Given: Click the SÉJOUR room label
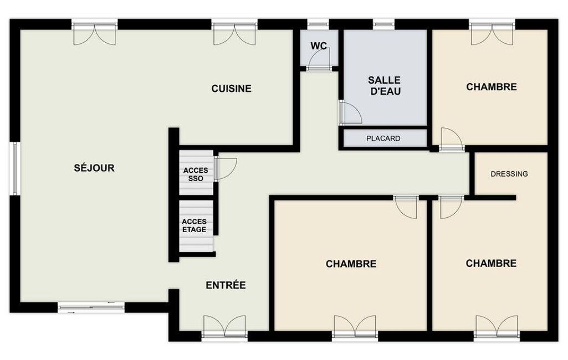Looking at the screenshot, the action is click(94, 168).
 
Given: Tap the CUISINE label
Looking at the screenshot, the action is click(232, 89).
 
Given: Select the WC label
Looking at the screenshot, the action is click(319, 46).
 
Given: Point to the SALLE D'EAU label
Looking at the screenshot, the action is click(385, 85).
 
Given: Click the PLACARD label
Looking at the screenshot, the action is click(383, 138).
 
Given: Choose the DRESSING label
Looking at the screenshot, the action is click(509, 174).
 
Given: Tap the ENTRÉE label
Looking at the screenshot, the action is click(226, 285).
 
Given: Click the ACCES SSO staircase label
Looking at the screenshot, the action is click(196, 174).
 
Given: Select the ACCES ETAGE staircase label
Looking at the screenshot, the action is click(194, 225).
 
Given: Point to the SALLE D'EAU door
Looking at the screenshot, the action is click(350, 113).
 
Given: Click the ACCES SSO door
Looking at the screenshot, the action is click(226, 169).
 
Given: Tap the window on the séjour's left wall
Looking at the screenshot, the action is click(15, 168).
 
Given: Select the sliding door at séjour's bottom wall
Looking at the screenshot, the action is click(91, 307).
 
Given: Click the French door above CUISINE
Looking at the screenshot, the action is click(235, 34).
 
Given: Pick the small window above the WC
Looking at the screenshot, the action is click(319, 24).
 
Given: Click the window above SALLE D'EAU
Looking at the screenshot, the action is click(384, 24).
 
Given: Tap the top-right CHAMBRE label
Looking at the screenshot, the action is click(492, 87).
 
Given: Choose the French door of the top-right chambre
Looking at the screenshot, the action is click(493, 34).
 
